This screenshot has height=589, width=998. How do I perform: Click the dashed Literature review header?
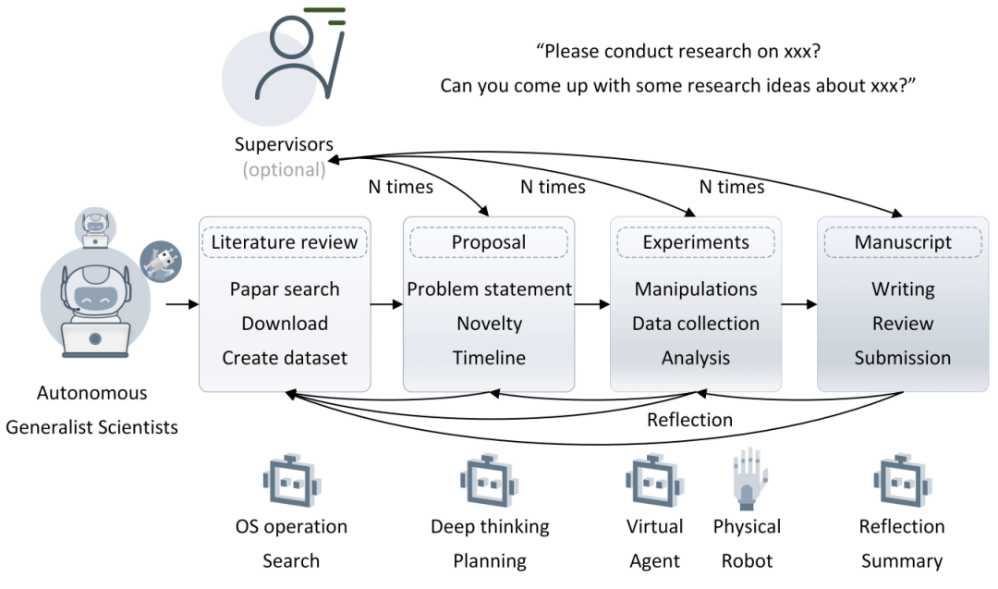pos(285,242)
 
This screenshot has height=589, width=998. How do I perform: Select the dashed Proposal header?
pos(489,242)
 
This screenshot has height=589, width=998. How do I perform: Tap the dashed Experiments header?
pos(695,242)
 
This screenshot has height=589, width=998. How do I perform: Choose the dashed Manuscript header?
pos(902,242)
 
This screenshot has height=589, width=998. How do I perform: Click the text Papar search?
pos(285,289)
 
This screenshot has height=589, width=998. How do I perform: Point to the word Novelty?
pos(489,324)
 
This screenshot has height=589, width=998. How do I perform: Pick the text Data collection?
pos(695,324)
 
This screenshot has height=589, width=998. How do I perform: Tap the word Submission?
pos(902,358)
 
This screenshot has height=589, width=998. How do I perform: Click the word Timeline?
pos(489,358)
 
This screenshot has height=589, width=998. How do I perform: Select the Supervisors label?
pos(284,145)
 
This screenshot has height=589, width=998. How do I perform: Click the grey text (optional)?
pos(284,169)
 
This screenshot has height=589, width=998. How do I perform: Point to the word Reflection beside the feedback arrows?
pos(689,420)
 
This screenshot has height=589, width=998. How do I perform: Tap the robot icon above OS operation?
pos(291,483)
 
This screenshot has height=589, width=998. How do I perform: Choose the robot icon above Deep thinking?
pos(489,483)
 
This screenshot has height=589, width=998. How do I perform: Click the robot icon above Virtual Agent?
pos(654,483)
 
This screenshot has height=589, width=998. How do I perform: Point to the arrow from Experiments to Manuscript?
pos(798,302)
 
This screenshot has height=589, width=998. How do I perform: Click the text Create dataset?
pos(285,358)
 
